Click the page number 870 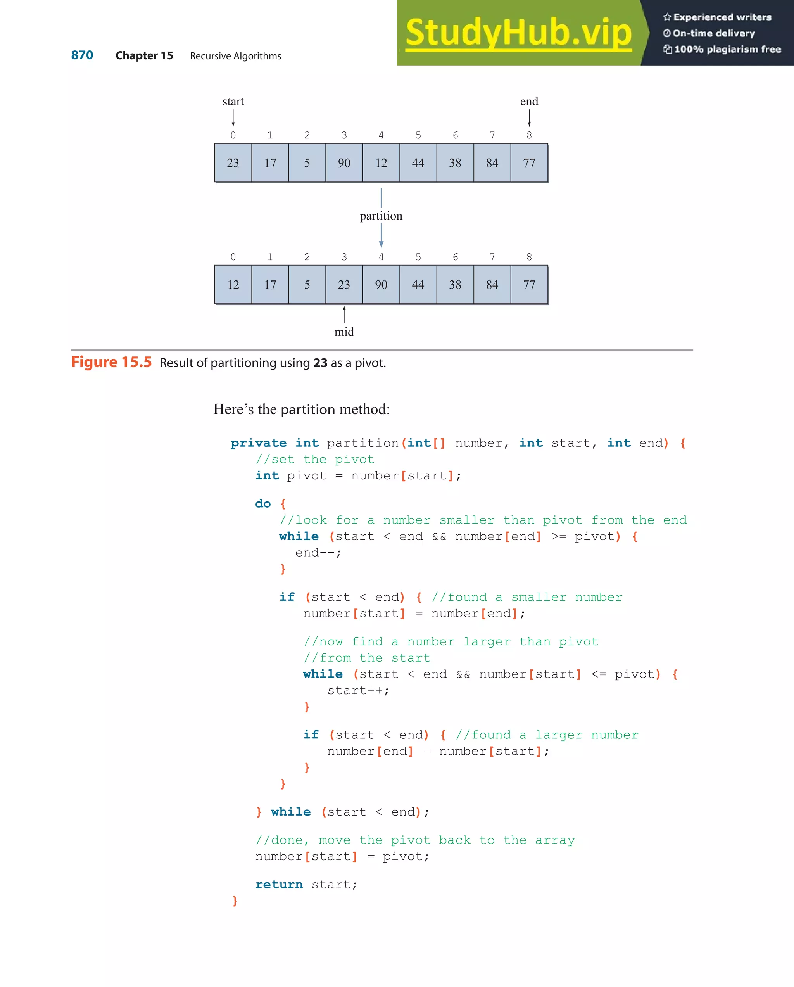click(82, 55)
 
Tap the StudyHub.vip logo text click(518, 33)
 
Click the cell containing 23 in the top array click(233, 163)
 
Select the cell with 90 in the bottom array click(381, 285)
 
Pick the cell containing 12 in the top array click(381, 163)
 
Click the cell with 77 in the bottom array click(529, 285)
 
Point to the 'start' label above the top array click(233, 101)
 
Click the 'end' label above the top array click(529, 101)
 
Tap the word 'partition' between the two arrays click(381, 216)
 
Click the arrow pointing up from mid click(344, 315)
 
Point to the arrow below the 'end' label click(529, 118)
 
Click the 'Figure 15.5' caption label click(111, 362)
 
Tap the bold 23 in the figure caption click(320, 363)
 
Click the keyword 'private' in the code click(259, 443)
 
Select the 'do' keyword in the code click(263, 503)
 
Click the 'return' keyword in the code click(279, 885)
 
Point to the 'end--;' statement click(318, 553)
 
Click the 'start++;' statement click(358, 691)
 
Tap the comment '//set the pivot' click(315, 459)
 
